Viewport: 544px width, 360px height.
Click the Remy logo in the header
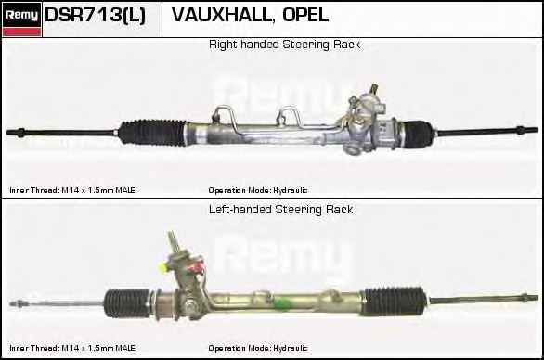(x=22, y=19)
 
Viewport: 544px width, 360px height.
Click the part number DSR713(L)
(x=95, y=16)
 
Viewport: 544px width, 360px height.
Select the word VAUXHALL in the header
(x=221, y=15)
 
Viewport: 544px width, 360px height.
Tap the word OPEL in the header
(x=305, y=15)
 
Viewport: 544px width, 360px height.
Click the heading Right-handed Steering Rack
(x=284, y=45)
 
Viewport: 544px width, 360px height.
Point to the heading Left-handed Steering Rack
(x=281, y=210)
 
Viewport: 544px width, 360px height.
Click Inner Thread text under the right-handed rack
(x=72, y=190)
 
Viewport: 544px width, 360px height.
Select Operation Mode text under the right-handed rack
(x=258, y=190)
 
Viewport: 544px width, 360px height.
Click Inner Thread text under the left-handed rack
(x=72, y=348)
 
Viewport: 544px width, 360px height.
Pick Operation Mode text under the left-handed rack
(x=258, y=348)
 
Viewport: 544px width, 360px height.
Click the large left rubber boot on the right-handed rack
(x=152, y=132)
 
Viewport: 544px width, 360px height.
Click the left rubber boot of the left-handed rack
(x=127, y=302)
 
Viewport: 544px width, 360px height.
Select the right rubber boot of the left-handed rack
(x=394, y=301)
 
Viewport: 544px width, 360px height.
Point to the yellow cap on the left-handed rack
(x=162, y=268)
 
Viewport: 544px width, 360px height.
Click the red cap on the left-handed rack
(x=198, y=267)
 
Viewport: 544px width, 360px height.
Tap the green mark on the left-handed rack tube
(x=281, y=303)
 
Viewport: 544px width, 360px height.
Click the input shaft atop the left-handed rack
(x=174, y=242)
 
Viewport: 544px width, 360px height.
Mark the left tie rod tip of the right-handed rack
(x=8, y=132)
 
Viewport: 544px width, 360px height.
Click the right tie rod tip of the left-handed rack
(x=536, y=298)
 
